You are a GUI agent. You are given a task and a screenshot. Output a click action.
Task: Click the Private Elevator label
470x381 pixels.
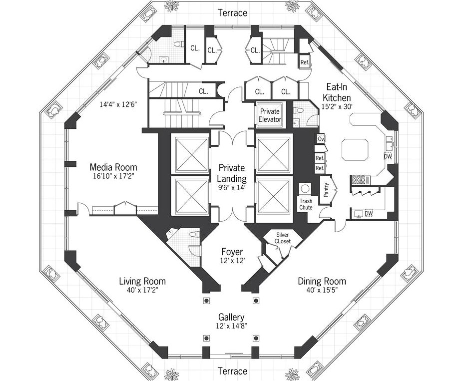click(x=270, y=115)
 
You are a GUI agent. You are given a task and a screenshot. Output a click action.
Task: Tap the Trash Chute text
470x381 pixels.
click(x=306, y=204)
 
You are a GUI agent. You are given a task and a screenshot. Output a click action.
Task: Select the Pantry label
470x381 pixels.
click(x=328, y=190)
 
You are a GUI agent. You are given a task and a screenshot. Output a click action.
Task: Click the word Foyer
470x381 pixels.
click(x=232, y=252)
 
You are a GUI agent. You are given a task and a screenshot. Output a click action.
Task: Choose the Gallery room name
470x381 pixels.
click(x=231, y=317)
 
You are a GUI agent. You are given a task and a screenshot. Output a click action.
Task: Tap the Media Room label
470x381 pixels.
click(x=113, y=167)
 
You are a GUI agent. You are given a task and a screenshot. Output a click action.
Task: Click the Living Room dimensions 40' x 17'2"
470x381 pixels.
click(x=142, y=290)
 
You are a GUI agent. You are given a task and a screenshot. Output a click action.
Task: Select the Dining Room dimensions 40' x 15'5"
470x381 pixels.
click(x=322, y=290)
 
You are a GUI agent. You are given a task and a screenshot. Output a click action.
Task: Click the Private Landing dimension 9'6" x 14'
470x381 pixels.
click(x=232, y=188)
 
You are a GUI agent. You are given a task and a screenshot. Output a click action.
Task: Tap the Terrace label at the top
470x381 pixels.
click(x=233, y=13)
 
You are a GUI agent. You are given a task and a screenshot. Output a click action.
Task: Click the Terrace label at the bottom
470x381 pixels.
click(x=233, y=371)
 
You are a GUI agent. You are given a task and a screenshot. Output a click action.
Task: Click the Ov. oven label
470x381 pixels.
click(x=321, y=138)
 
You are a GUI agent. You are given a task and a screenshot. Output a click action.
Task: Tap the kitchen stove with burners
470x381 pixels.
click(x=360, y=179)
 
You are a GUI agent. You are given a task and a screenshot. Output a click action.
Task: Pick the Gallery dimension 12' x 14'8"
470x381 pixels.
click(x=231, y=326)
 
